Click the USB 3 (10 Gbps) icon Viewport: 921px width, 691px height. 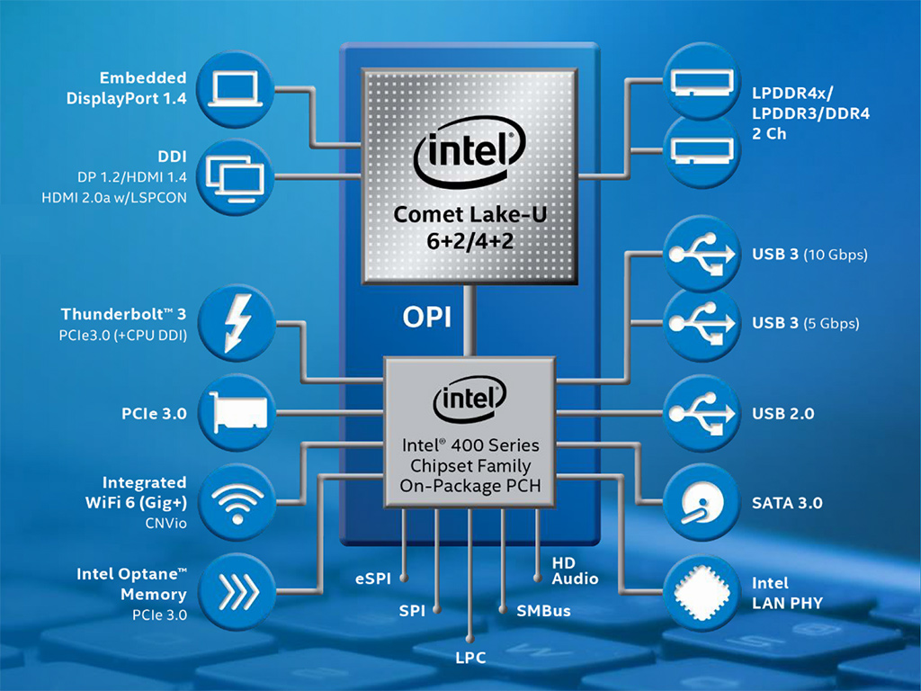point(703,255)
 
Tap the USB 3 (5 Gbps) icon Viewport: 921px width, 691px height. point(703,323)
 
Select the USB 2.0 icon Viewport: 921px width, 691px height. point(703,414)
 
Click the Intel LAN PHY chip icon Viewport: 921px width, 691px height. point(703,591)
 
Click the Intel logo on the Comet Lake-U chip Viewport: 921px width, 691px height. point(469,161)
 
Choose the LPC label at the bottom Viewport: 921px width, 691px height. point(469,658)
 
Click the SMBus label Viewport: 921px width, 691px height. point(543,611)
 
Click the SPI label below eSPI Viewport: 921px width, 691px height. point(412,611)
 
